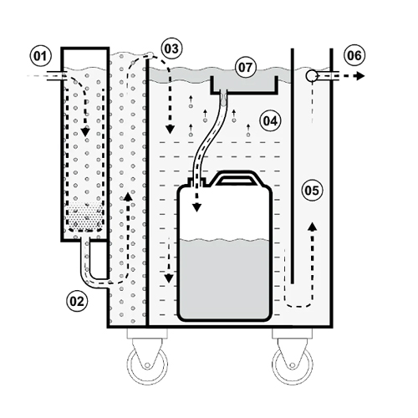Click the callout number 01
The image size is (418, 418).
click(38, 57)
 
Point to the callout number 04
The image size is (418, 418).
click(269, 120)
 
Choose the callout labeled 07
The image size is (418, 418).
click(245, 64)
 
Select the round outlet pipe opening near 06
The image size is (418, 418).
click(313, 75)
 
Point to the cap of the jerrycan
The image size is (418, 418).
click(198, 178)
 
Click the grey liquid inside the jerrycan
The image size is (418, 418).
click(223, 276)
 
